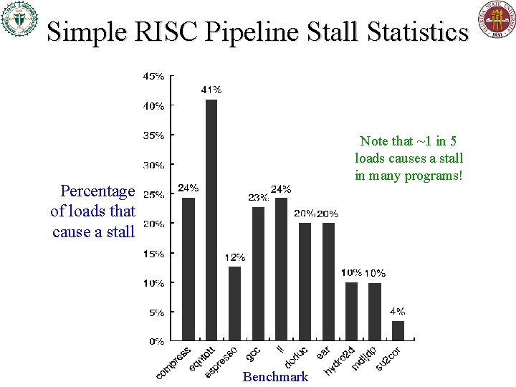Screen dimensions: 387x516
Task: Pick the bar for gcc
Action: click(258, 273)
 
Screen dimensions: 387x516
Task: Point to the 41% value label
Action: click(211, 90)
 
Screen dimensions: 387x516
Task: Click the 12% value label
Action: click(234, 257)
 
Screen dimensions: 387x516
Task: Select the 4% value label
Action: click(397, 311)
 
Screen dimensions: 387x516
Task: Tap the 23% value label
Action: click(258, 197)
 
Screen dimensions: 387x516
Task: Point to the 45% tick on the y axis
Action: click(153, 75)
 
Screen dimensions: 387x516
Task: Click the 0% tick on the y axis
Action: click(156, 342)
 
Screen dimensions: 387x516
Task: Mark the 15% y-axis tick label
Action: click(153, 253)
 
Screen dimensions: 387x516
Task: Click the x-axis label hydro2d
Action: click(340, 360)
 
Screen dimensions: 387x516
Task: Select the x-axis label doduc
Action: click(296, 357)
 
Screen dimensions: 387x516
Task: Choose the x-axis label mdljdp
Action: click(364, 359)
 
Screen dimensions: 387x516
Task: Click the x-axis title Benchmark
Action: click(276, 377)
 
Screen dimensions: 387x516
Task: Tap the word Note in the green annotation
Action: click(375, 141)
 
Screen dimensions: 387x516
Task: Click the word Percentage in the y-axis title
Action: click(97, 191)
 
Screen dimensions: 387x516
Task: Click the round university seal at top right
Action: click(496, 20)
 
